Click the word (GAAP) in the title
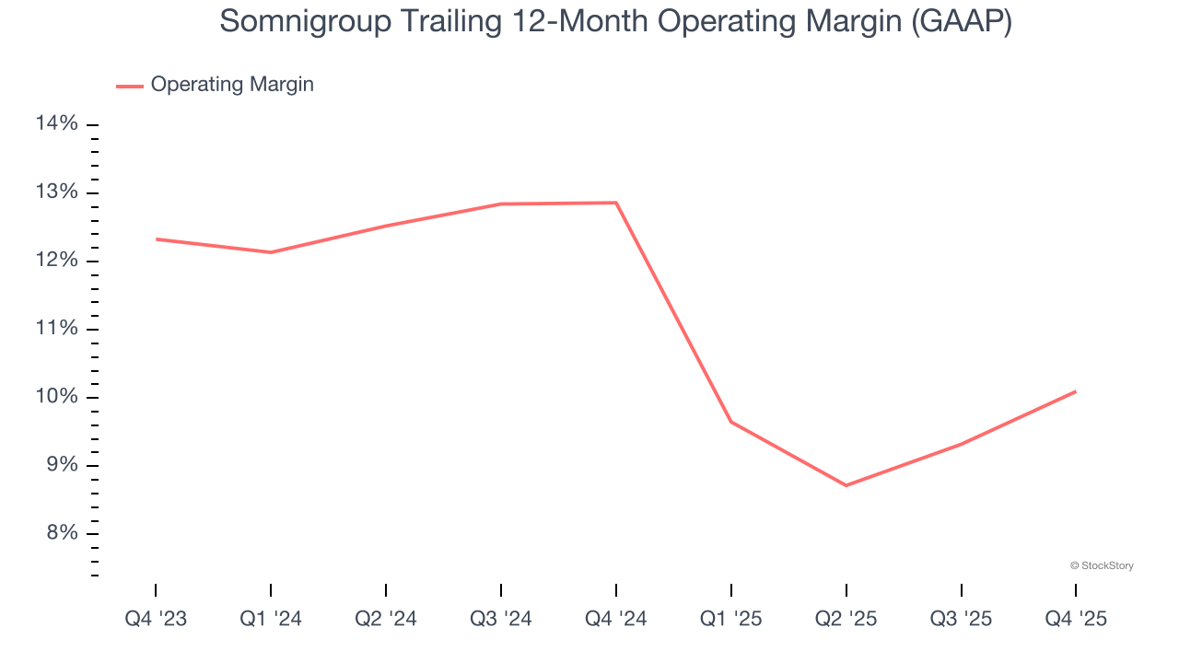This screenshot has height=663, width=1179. pos(961,21)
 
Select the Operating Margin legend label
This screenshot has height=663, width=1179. pos(232,85)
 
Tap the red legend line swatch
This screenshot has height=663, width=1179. pos(130,86)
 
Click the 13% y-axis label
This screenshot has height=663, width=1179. pos(58,192)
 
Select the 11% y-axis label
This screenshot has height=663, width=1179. pos(58,329)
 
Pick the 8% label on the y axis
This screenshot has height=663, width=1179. pos(58,533)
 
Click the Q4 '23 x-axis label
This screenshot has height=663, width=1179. pos(156,619)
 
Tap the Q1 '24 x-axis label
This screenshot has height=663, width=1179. pos(271,619)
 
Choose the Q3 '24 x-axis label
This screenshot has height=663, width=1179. pos(501,619)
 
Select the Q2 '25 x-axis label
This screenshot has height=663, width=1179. pos(846,619)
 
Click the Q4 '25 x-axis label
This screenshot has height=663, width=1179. pos(1076,619)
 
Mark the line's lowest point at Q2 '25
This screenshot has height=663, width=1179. pos(846,485)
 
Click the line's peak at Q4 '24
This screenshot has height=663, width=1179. pos(616,203)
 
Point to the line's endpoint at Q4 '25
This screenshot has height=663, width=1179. pos(1076,391)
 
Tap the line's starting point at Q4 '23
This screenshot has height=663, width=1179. pos(156,239)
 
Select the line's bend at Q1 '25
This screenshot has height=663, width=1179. pos(731,422)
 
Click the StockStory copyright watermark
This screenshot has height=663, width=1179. pos(1102,565)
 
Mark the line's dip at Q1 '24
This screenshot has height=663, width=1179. pos(271,252)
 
